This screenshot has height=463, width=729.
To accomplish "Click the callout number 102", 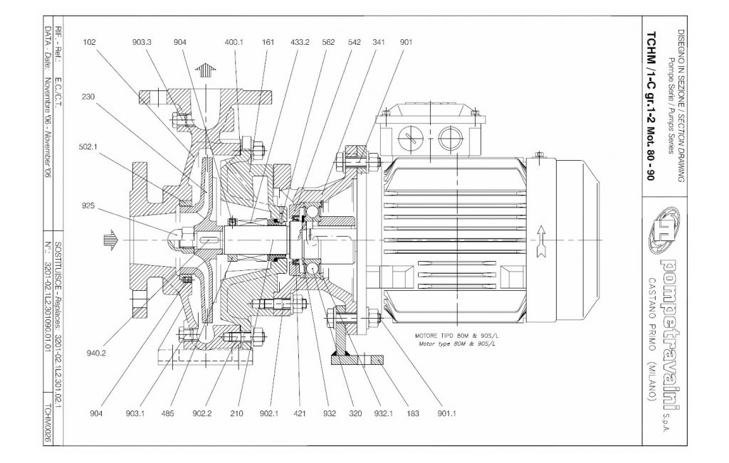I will tap(89, 42).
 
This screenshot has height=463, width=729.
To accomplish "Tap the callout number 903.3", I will tap(142, 42).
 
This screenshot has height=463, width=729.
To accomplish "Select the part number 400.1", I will tap(234, 42).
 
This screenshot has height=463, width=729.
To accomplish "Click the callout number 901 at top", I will tap(407, 42).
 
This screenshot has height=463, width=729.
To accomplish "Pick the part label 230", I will tap(89, 96).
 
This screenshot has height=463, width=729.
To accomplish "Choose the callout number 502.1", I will tap(89, 148).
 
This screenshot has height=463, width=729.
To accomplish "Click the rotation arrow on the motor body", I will tap(542, 240).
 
